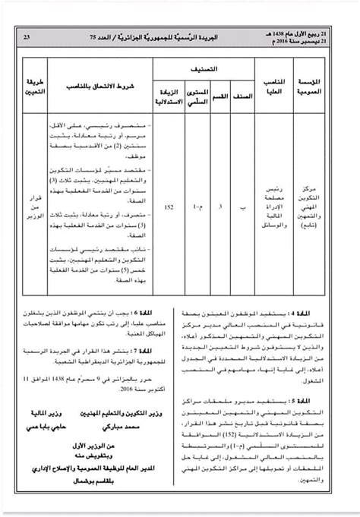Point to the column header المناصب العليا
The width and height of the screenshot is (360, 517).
pyautogui.click(x=280, y=85)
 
